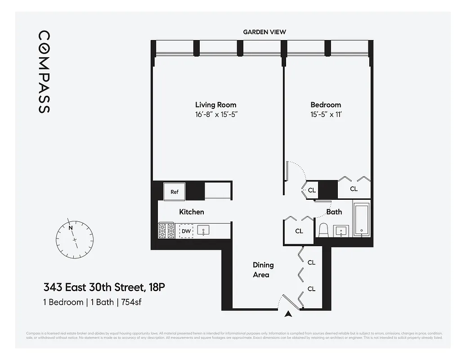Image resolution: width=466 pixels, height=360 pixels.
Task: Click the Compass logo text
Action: tap(44, 72)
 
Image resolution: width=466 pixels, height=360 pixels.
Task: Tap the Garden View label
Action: tap(264, 32)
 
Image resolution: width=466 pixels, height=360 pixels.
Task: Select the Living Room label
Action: tap(215, 105)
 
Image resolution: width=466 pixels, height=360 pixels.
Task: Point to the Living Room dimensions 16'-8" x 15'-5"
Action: tap(215, 114)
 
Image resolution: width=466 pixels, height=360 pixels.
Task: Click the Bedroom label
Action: tap(326, 105)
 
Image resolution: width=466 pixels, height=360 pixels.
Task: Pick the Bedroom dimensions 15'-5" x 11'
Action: tap(326, 114)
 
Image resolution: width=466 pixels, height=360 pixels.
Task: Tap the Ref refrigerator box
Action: tap(175, 192)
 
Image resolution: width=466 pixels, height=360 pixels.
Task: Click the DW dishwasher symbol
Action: tap(186, 231)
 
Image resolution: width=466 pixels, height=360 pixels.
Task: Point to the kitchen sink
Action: tap(204, 231)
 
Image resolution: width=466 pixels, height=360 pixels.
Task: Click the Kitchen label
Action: tap(192, 212)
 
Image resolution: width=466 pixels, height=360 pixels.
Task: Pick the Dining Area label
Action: tap(263, 270)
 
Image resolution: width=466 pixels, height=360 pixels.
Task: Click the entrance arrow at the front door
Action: tap(288, 315)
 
